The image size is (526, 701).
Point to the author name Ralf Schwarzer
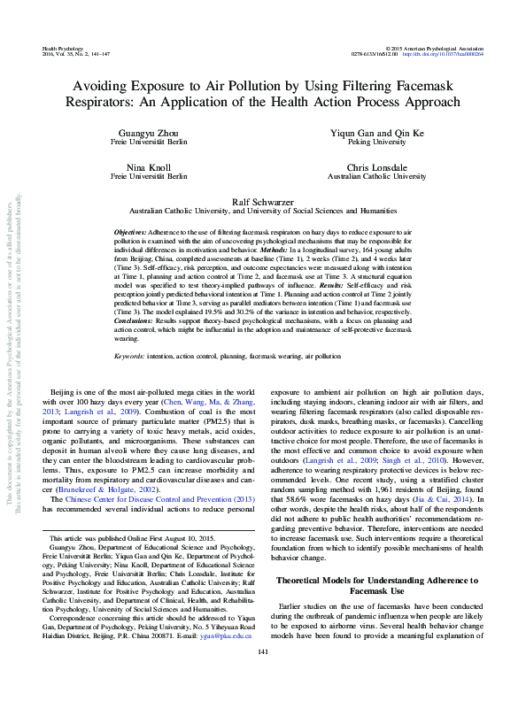263,202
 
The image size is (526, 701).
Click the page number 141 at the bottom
262,678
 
